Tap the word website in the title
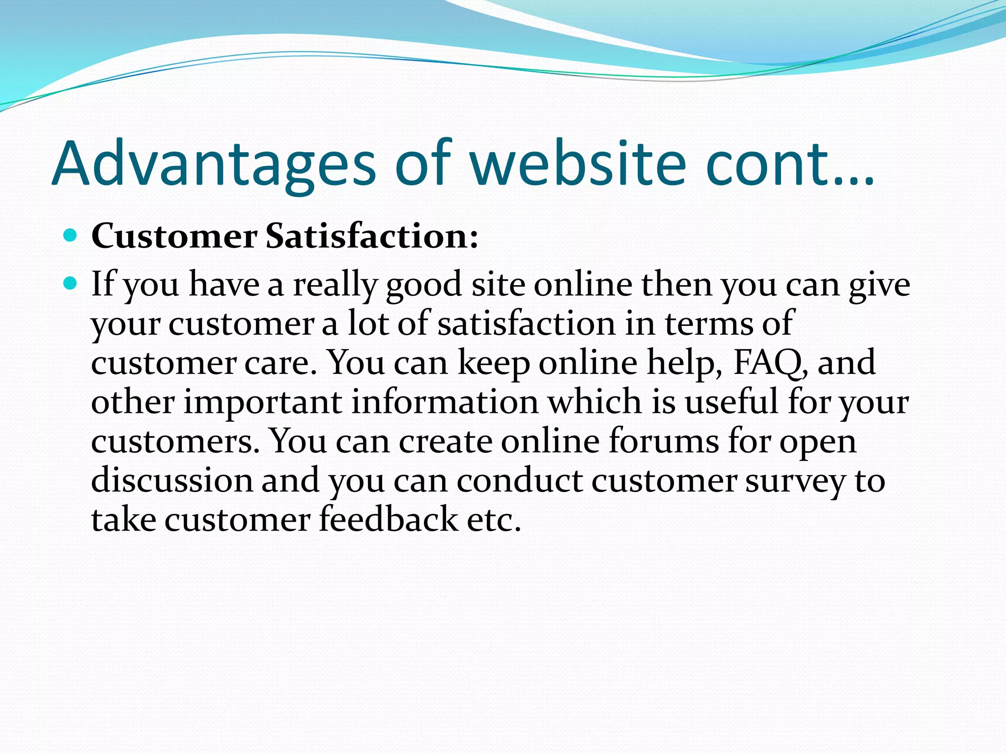pos(578,163)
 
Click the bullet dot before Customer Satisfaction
pos(71,236)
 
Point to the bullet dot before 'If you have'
pos(71,283)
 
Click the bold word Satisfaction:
pos(371,236)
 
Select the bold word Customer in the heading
pos(174,236)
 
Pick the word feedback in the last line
pos(388,519)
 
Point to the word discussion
pos(171,480)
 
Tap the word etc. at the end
pos(493,519)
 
